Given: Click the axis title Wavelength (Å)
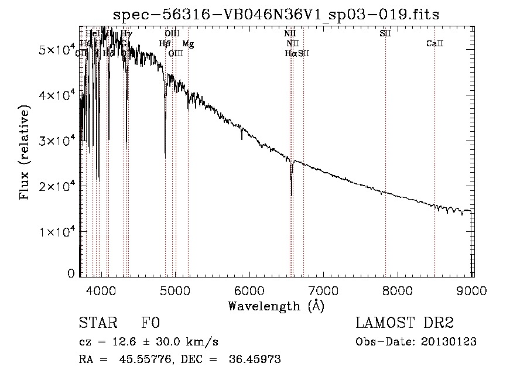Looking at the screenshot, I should (276, 305).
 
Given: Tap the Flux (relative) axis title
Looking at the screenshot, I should (25, 153).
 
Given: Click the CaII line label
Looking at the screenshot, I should (434, 44).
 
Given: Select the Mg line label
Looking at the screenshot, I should (188, 44).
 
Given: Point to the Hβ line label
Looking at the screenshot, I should (165, 44).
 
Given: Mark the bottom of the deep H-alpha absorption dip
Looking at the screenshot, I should (291, 194).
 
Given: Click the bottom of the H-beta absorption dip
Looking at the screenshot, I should (165, 157).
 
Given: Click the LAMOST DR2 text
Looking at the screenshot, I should (405, 323).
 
